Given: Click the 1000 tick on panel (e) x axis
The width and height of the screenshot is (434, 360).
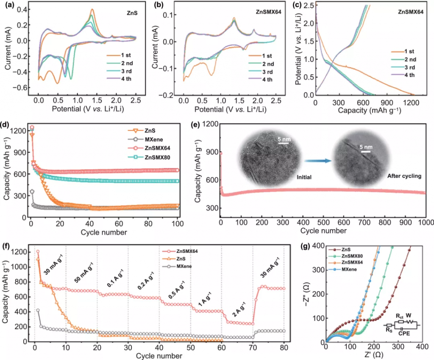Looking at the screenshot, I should (425, 222).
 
